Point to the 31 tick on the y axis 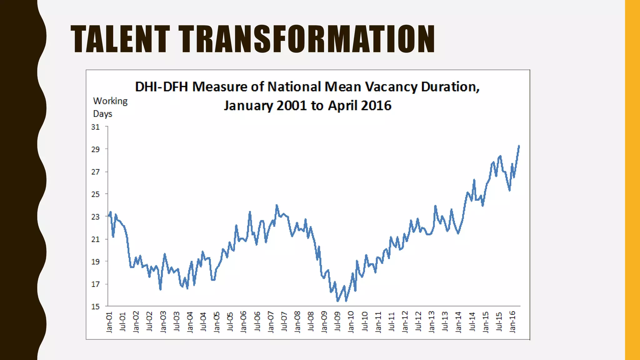tap(95, 127)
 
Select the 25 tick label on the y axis tap(95, 194)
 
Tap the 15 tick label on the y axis tap(95, 307)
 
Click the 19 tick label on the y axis tap(95, 262)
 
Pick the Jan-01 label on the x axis tap(109, 322)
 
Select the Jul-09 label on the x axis tap(337, 322)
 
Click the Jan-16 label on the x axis tap(512, 322)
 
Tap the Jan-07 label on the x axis tap(271, 322)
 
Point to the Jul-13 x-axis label tap(445, 322)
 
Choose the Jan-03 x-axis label tap(163, 322)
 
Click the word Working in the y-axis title tap(110, 101)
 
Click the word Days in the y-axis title tap(102, 114)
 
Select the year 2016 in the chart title tap(376, 106)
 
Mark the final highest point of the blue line tap(519, 146)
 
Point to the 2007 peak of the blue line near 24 tap(277, 205)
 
